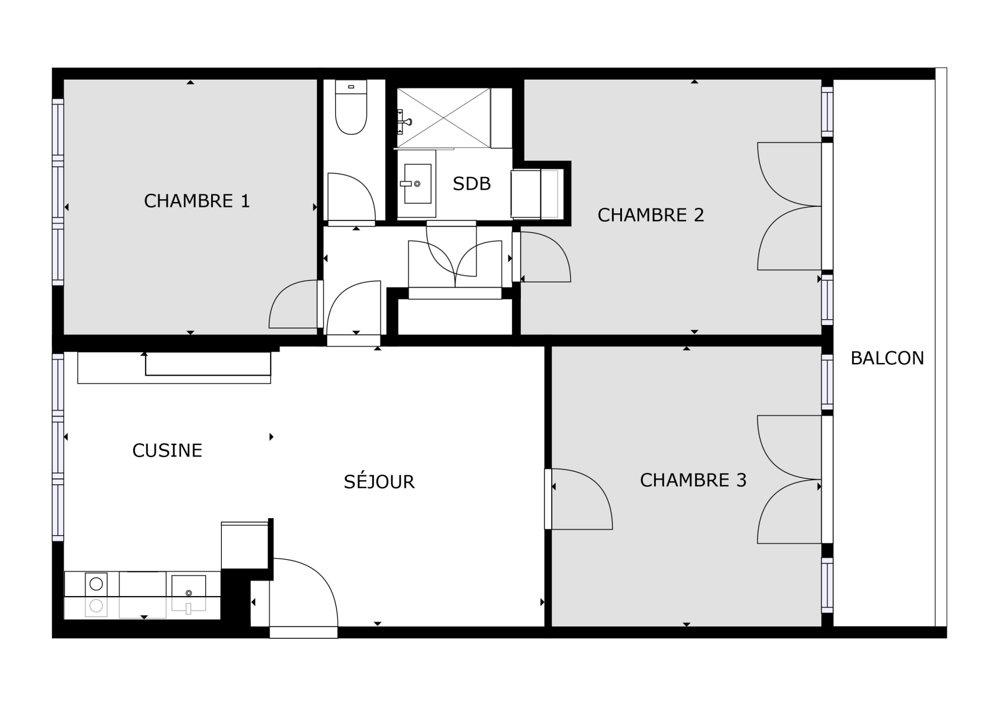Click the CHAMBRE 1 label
(x=197, y=201)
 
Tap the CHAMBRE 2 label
(x=651, y=215)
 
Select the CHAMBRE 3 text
(x=693, y=480)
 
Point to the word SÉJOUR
(x=379, y=481)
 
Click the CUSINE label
(x=167, y=450)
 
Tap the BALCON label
(x=887, y=358)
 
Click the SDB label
(x=472, y=184)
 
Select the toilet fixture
(x=351, y=107)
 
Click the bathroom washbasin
(x=417, y=184)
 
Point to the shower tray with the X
(x=444, y=118)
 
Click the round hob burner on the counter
(x=96, y=584)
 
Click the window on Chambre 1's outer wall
(x=58, y=191)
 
